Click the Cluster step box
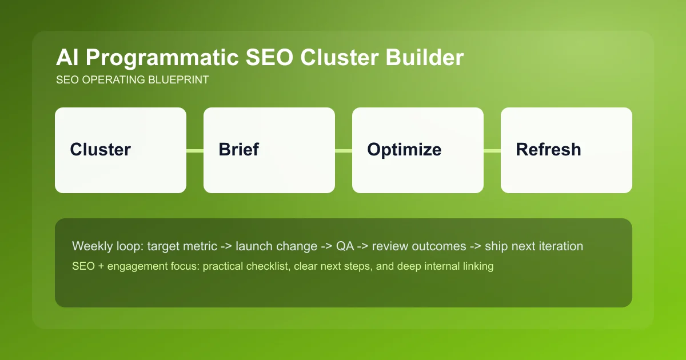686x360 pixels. [121, 150]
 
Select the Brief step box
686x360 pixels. [269, 150]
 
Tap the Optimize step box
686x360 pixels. [418, 150]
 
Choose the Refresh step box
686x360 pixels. [567, 150]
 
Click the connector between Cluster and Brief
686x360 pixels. [195, 150]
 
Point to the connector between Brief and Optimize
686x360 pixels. [344, 150]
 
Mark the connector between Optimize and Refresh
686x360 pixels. [492, 150]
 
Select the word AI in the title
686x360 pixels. [66, 58]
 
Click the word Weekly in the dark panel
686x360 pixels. [90, 246]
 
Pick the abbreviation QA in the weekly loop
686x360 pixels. [345, 246]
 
